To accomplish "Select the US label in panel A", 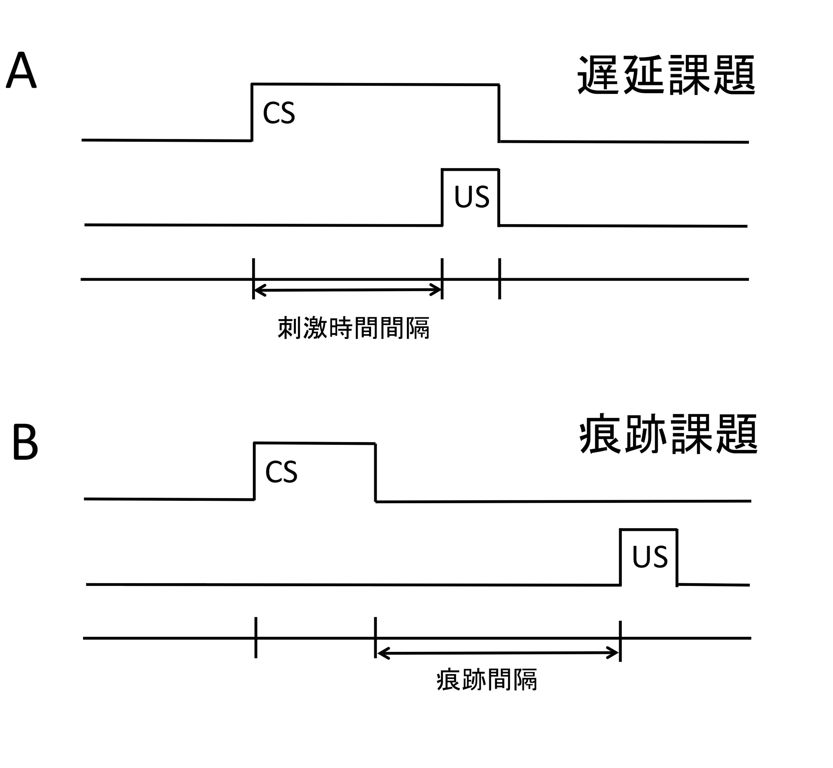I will pyautogui.click(x=471, y=197).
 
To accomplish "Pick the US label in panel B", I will pyautogui.click(x=650, y=557).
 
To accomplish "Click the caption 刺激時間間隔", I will pyautogui.click(x=353, y=328).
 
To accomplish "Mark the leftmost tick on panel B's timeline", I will pyautogui.click(x=256, y=638).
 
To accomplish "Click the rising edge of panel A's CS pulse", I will pyautogui.click(x=252, y=112).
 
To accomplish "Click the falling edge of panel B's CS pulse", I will pyautogui.click(x=375, y=473).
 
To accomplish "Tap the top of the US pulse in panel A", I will pyautogui.click(x=470, y=169).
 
